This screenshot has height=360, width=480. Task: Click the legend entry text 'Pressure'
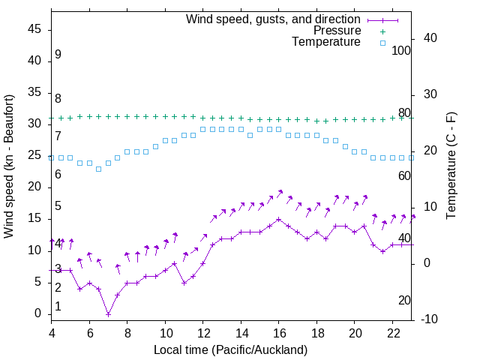(x=337, y=31)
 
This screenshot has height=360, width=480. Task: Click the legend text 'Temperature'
(x=326, y=42)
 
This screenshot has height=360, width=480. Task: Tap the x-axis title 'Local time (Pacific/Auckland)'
(x=230, y=349)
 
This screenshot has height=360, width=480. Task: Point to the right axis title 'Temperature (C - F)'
(x=451, y=166)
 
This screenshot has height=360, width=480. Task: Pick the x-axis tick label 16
(x=278, y=332)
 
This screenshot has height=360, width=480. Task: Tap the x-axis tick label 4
(x=52, y=332)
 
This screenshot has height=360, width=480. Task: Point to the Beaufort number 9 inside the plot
(x=58, y=55)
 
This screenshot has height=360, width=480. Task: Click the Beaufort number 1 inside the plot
(x=58, y=307)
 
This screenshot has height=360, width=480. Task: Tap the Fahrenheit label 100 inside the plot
(x=401, y=50)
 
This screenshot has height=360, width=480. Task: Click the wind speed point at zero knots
(x=108, y=314)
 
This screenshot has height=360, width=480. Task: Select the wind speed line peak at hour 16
(x=279, y=220)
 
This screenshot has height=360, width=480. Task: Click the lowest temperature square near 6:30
(x=98, y=169)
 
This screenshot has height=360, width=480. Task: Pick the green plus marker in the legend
(x=382, y=31)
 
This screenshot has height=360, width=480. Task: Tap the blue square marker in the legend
(x=382, y=43)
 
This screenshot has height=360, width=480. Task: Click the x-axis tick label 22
(x=392, y=332)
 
